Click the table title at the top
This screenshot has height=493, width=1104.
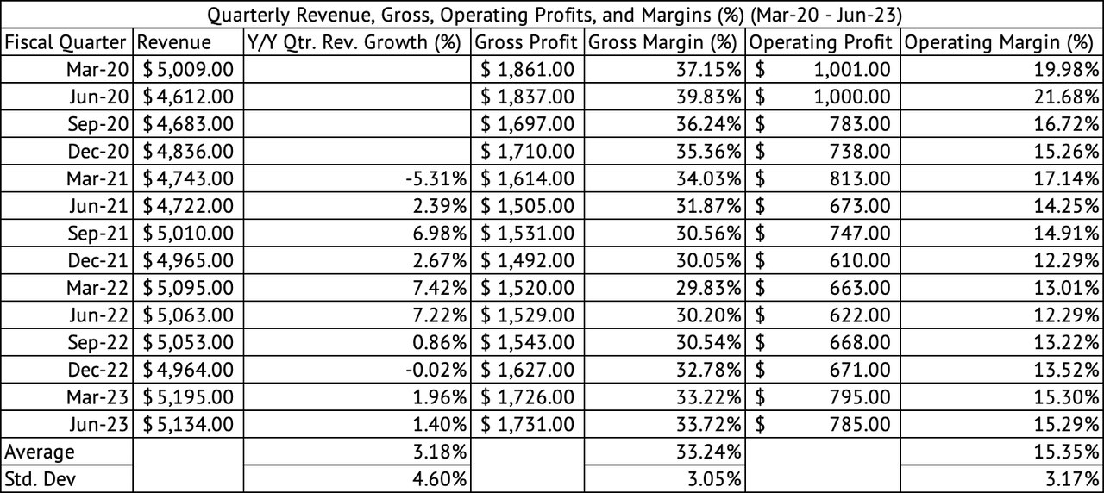(x=552, y=15)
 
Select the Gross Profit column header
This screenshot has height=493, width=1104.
(x=526, y=42)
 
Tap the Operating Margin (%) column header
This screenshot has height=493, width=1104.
(x=1000, y=42)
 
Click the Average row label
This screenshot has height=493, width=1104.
(x=40, y=452)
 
